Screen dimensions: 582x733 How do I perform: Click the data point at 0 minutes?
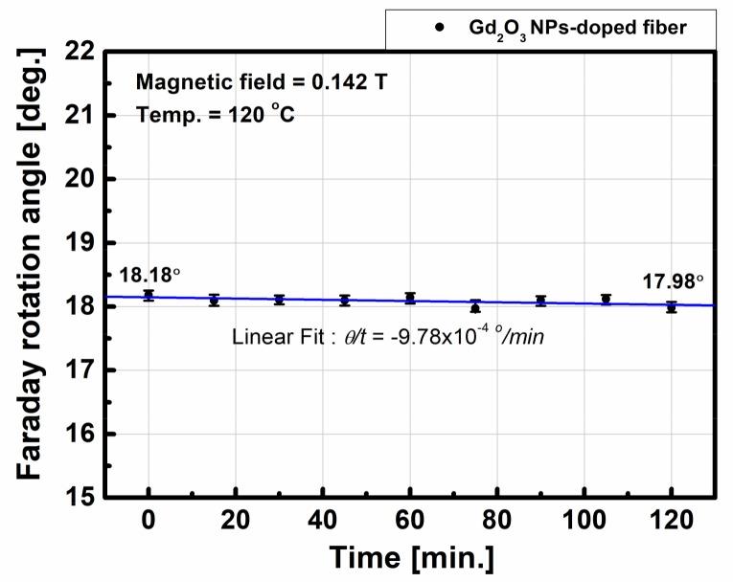pos(149,296)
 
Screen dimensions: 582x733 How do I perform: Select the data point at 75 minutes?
pos(475,307)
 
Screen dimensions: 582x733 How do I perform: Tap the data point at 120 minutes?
pos(671,307)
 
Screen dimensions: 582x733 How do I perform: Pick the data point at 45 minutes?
pos(345,301)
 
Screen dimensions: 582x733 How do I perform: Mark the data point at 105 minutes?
pos(606,300)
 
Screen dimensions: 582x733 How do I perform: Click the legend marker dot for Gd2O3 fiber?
pos(438,28)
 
